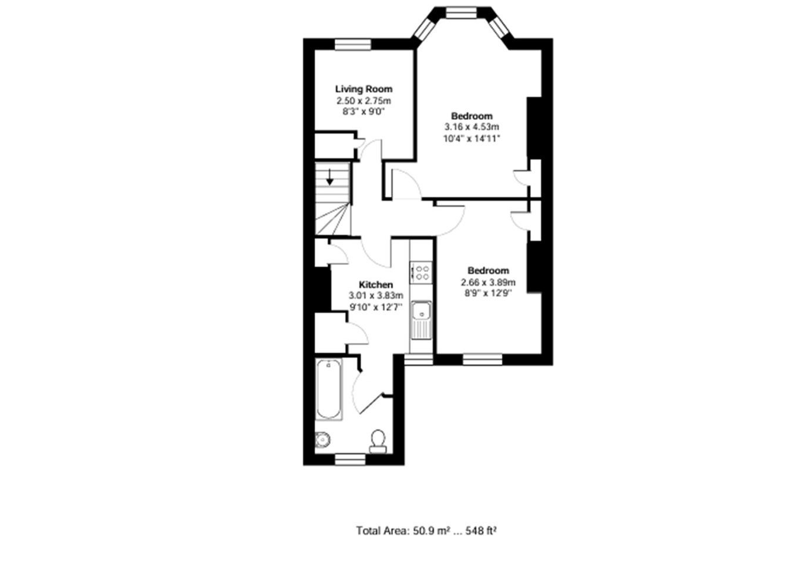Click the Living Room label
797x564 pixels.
coord(364,89)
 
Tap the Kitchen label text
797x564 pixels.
coord(376,285)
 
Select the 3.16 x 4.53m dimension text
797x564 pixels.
coord(472,127)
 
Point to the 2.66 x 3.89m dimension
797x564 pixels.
coord(488,283)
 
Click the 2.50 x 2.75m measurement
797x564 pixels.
coord(364,100)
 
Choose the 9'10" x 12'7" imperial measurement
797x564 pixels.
coord(376,307)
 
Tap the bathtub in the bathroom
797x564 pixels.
coord(329,389)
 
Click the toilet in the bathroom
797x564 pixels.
coord(378,442)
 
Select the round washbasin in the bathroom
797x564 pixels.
coord(322,439)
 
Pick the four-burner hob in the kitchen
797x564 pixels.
coord(421,273)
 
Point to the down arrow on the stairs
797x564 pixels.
coord(330,177)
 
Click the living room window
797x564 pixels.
coord(353,45)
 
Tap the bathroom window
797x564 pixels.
coord(350,459)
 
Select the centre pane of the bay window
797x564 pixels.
coord(461,13)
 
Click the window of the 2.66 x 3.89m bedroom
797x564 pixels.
coord(482,360)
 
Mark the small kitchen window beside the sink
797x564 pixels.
coord(418,360)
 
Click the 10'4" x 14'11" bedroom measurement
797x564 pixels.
coord(472,138)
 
